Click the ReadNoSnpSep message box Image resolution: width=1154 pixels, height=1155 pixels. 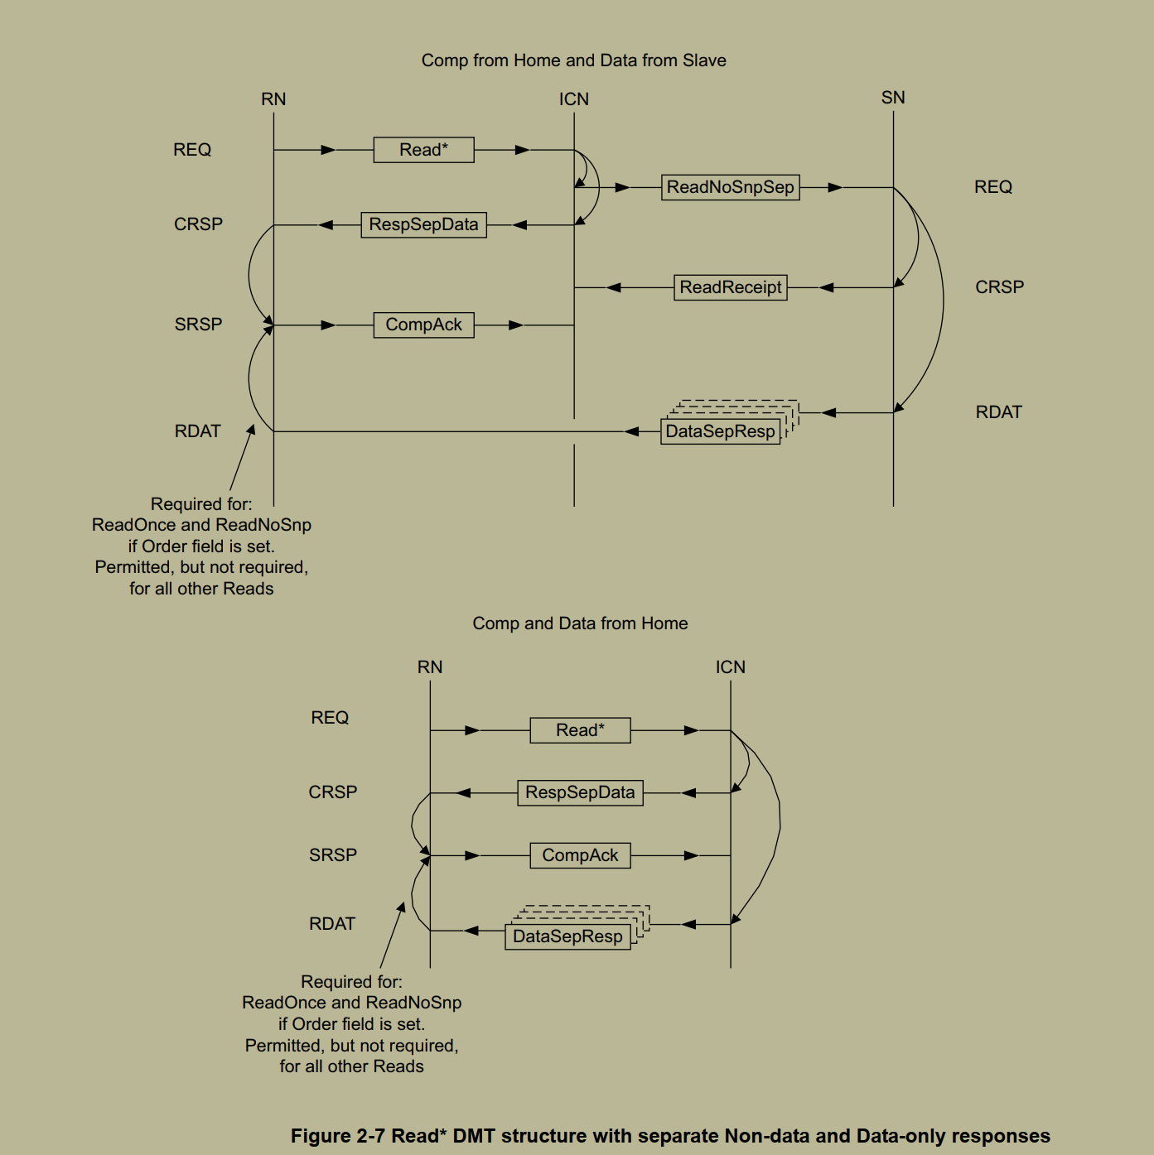730,187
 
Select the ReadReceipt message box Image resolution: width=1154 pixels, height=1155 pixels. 730,287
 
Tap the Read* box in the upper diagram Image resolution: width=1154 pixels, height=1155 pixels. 423,150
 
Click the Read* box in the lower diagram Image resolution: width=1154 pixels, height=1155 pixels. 580,730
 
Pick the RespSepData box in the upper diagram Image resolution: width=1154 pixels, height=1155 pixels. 423,224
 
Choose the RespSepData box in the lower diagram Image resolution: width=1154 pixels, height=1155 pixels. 580,792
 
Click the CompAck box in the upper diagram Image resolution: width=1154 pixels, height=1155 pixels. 423,325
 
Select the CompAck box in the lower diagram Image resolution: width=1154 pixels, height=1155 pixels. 580,855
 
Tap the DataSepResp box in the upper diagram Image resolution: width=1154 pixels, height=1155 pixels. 720,431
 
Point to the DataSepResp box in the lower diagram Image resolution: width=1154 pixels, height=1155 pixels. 567,936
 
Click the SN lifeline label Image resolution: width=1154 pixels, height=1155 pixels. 893,98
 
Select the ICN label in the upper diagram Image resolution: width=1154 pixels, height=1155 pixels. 573,99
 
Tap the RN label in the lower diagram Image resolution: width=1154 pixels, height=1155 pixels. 430,667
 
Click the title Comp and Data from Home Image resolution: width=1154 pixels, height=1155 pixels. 580,623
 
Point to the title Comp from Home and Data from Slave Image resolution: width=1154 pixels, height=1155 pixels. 573,60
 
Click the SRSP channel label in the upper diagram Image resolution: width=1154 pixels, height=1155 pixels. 198,325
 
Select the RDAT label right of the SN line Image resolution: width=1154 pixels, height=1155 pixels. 998,412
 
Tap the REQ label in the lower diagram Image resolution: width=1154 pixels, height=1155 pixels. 330,718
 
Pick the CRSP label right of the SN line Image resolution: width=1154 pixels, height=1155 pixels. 999,287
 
